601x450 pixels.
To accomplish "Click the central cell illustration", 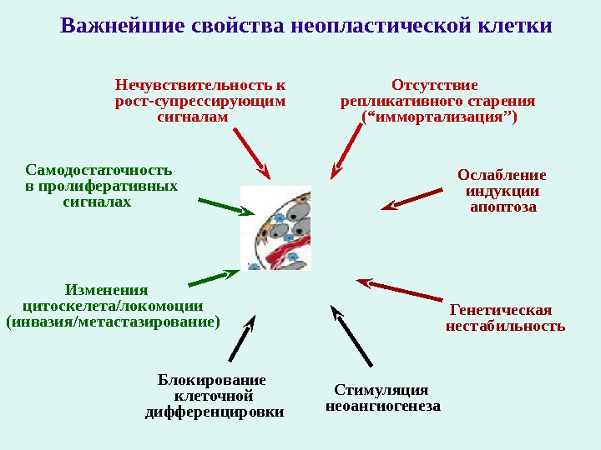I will [x=275, y=228].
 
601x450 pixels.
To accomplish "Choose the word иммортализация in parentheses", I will [x=438, y=117].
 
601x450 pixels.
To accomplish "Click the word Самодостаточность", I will [x=98, y=169].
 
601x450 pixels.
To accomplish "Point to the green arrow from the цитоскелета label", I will [x=214, y=277].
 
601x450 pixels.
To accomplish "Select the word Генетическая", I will [x=501, y=310].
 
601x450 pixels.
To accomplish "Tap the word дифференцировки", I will [x=215, y=412].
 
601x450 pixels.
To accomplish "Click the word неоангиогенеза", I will [x=381, y=406].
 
